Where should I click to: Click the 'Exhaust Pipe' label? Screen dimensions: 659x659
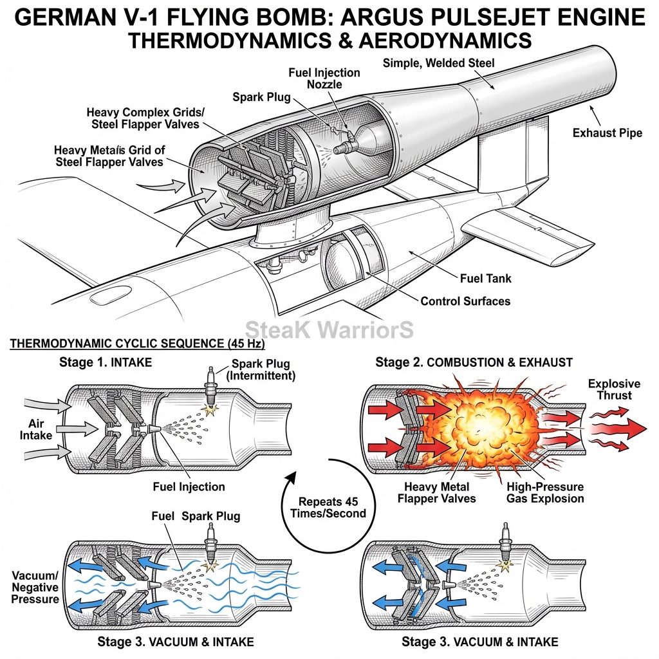click(x=608, y=133)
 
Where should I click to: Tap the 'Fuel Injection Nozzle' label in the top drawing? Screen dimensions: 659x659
click(x=324, y=79)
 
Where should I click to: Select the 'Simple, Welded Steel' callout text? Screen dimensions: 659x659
click(x=438, y=63)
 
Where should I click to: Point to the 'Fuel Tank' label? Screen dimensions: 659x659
click(x=485, y=278)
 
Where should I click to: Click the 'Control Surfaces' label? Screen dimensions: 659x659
click(x=465, y=301)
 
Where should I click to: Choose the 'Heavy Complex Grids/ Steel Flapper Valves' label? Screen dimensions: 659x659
click(x=145, y=118)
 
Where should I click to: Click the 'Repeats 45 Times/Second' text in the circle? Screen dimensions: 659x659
click(x=328, y=507)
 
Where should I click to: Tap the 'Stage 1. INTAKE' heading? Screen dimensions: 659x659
click(x=106, y=362)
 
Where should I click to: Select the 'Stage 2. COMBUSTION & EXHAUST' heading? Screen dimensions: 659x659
click(x=474, y=362)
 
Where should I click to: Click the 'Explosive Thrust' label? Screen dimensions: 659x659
click(x=614, y=389)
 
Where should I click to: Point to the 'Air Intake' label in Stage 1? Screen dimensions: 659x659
click(x=36, y=429)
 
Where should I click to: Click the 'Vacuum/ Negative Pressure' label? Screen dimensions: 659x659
click(x=35, y=587)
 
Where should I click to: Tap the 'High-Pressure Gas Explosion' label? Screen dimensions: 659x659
click(x=545, y=492)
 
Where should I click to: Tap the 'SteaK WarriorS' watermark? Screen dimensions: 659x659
click(x=329, y=329)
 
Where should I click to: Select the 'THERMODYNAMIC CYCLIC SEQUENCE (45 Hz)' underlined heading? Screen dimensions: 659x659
click(x=137, y=344)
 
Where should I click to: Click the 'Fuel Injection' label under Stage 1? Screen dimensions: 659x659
click(x=189, y=487)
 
